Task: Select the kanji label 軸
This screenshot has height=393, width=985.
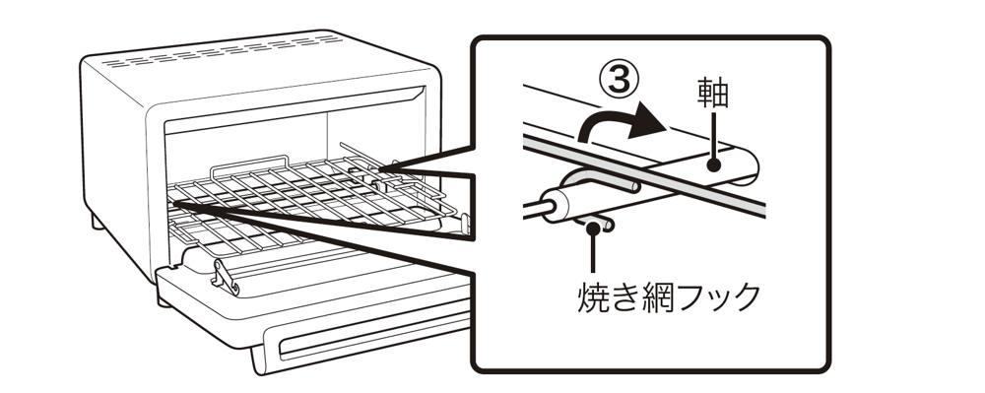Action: pos(712,94)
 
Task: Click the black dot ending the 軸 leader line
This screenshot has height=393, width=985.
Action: pos(713,164)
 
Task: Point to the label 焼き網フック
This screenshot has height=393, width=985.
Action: pos(669,296)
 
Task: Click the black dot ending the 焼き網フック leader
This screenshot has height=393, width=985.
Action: pos(592,227)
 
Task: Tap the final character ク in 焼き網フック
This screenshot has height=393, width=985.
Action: pos(746,296)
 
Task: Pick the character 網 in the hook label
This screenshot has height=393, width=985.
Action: pos(655,296)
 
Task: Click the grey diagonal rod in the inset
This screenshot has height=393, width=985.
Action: pos(644,176)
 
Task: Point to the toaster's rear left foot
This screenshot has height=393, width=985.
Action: pos(98,222)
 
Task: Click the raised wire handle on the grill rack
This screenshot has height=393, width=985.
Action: pos(250,164)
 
